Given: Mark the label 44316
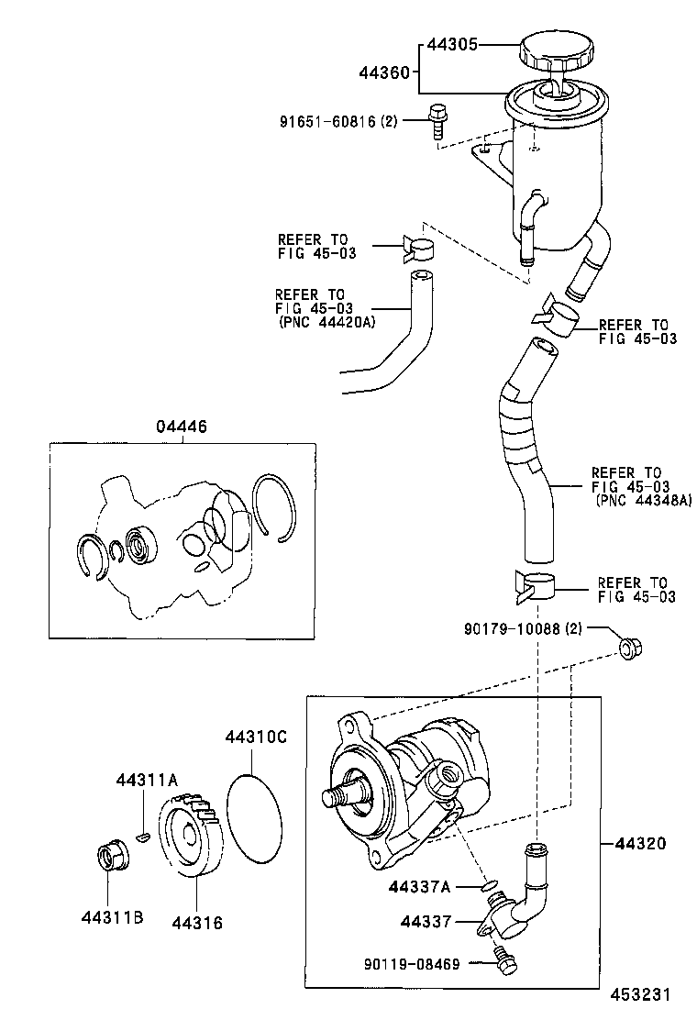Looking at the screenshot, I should tap(196, 922).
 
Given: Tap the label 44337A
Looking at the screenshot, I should tap(419, 887).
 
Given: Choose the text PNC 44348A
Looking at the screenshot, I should tap(642, 500).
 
